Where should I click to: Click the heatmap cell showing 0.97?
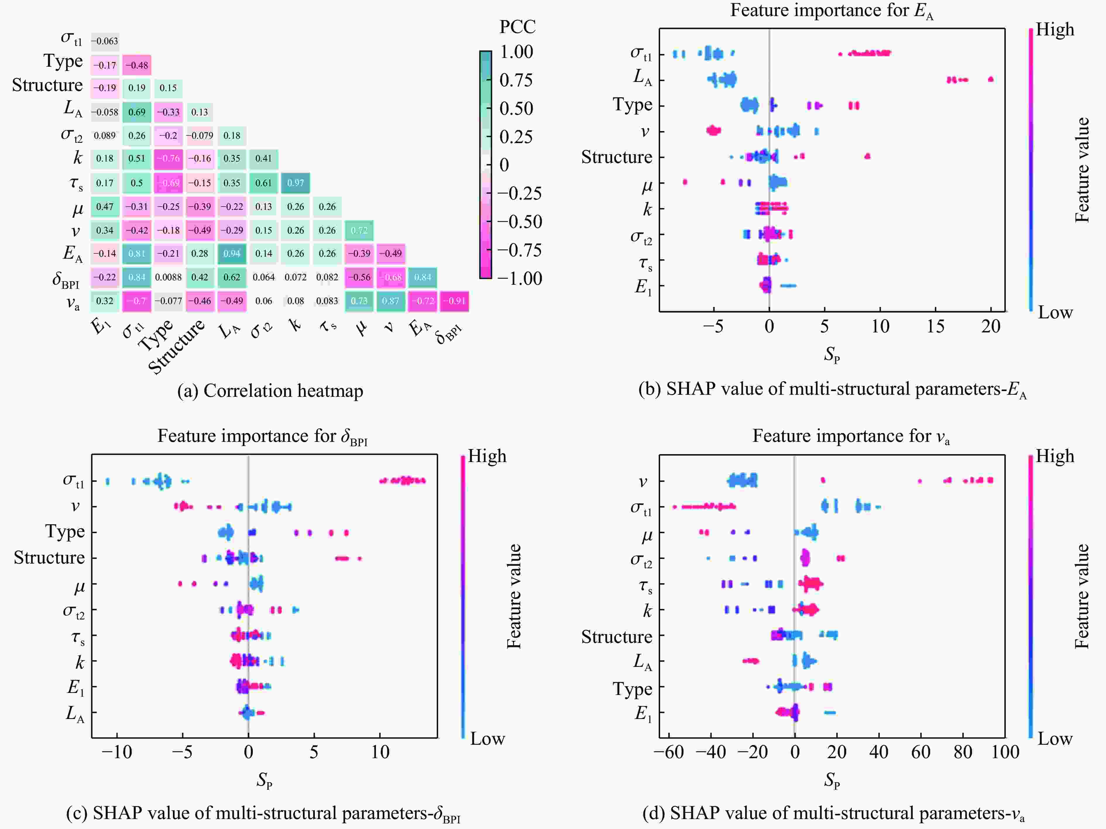[x=296, y=183]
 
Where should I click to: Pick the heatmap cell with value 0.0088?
[x=168, y=277]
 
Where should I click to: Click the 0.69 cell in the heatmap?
[x=137, y=112]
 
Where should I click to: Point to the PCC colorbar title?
[x=517, y=27]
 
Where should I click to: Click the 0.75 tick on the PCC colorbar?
[x=516, y=80]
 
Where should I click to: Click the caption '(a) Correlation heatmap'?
[x=270, y=390]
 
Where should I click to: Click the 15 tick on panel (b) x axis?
[x=935, y=327]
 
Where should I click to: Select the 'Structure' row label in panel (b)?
[x=616, y=157]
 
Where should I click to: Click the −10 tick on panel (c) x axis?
[x=117, y=751]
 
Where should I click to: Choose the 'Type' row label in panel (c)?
[x=65, y=531]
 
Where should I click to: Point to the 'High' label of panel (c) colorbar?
[x=487, y=456]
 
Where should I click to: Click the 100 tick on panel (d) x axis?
[x=1005, y=751]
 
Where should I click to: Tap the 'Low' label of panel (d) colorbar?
[x=1055, y=739]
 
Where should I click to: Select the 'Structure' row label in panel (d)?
[x=616, y=636]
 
